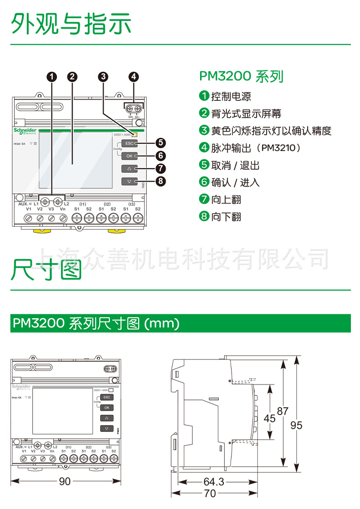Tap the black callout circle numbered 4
(133, 77)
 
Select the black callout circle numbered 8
(159, 182)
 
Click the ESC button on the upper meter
(129, 143)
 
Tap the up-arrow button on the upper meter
(129, 168)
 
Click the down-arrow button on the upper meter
(129, 181)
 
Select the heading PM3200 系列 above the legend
(242, 76)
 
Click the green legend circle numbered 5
(204, 165)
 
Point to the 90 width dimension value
(65, 481)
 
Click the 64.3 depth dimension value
(214, 482)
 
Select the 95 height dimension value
(296, 425)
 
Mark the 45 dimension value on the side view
(270, 418)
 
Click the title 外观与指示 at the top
(72, 24)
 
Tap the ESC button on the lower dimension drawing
(107, 397)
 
